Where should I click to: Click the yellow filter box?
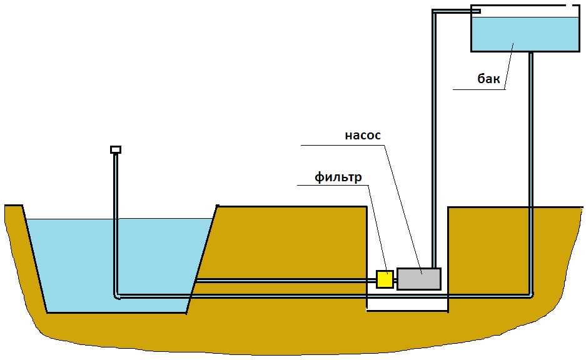pos(385,279)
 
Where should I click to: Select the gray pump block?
pos(418,279)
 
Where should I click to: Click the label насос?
pos(362,136)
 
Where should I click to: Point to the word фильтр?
pos(338,177)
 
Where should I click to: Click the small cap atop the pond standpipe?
pos(115,149)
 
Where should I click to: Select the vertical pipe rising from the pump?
pos(433,156)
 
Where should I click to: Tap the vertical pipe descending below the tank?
pos(530,156)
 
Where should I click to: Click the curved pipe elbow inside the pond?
pos(117,294)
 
